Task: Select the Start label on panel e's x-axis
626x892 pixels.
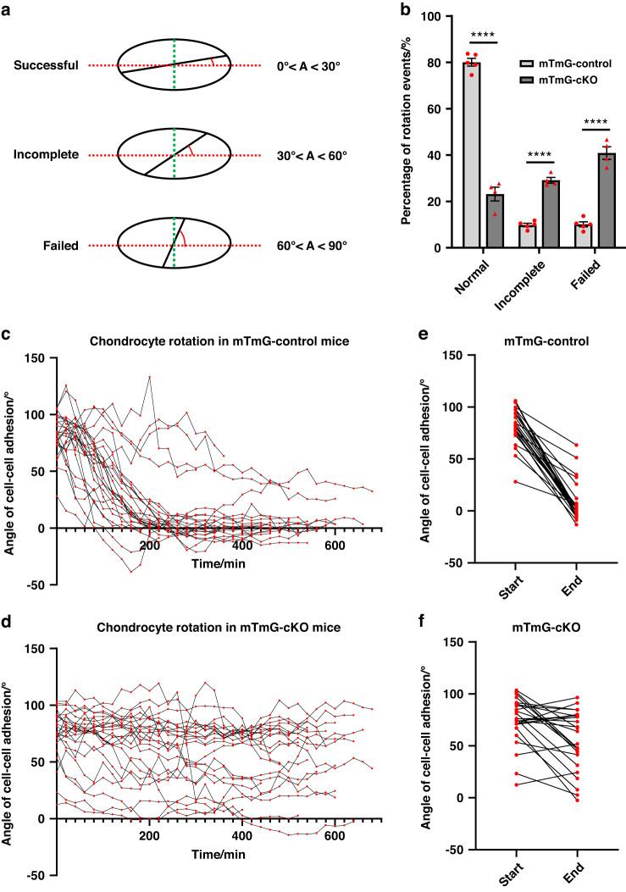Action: pos(486,585)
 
